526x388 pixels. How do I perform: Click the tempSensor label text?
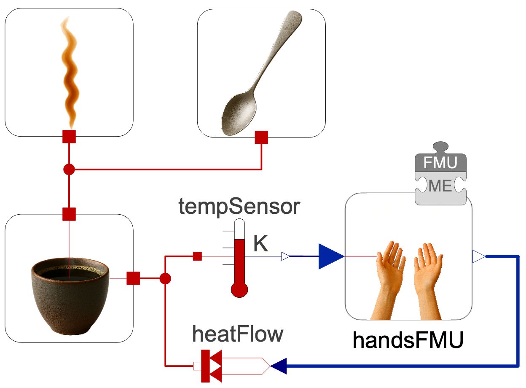click(239, 207)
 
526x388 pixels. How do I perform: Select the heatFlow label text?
click(238, 334)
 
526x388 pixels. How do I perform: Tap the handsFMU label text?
click(408, 340)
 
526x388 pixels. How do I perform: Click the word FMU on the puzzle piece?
click(440, 163)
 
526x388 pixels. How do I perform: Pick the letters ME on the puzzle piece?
click(440, 186)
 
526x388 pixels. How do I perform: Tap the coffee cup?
click(70, 295)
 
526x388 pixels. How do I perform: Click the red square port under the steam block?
click(69, 137)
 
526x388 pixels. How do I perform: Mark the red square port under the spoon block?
click(262, 137)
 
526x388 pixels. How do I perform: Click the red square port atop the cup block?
click(69, 214)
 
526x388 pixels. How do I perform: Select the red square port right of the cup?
click(133, 278)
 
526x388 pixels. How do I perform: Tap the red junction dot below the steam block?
click(69, 170)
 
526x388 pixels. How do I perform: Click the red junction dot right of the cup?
click(165, 278)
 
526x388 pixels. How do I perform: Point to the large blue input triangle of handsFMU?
click(331, 256)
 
